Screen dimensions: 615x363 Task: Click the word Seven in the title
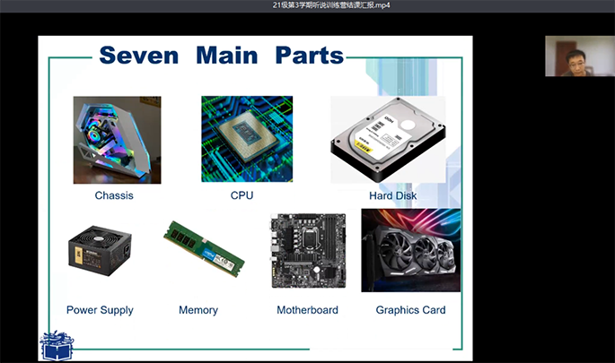coord(139,56)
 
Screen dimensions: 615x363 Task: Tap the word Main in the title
coord(227,56)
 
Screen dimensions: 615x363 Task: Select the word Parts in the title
coord(310,56)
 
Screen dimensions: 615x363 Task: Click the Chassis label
coord(114,195)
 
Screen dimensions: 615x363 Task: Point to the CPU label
coord(242,195)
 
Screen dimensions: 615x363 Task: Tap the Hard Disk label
coord(392,195)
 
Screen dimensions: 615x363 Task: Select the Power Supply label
coord(100,310)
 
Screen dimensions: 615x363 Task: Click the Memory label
coord(198,310)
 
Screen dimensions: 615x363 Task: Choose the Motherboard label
coord(307,310)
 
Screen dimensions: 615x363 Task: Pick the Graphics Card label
coord(410,310)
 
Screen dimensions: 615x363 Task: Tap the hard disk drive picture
coord(388,140)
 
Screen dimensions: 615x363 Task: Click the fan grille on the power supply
coord(99,237)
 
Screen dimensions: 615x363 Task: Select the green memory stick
coord(204,248)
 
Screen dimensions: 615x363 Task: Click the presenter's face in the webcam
coord(575,62)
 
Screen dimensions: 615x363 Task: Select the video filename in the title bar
coord(331,5)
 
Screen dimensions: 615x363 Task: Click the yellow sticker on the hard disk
coord(363,148)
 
